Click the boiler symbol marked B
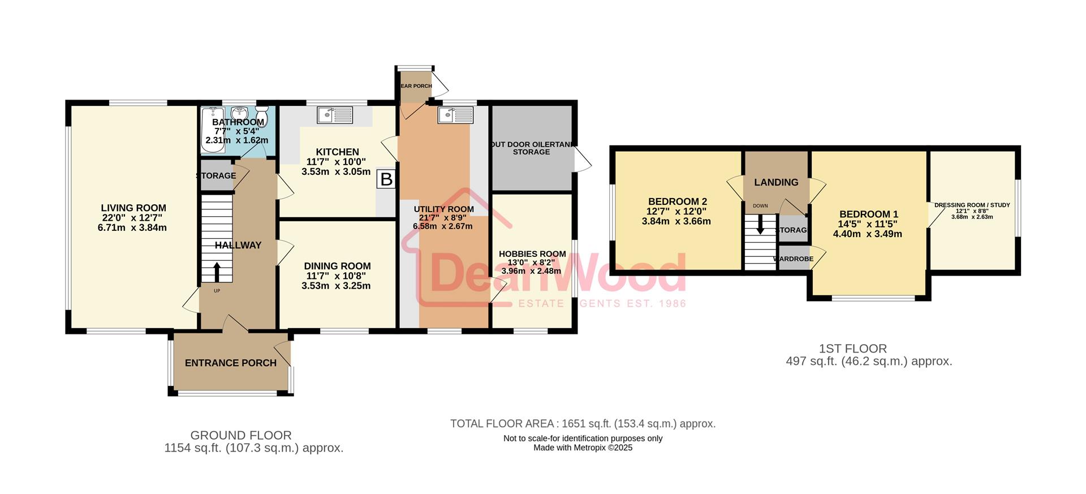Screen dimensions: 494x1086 tap(386, 179)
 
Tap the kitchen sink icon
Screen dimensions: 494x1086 tap(335, 115)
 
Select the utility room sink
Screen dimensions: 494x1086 tap(455, 115)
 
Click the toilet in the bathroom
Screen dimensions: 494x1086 tap(262, 113)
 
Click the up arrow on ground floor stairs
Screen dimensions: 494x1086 tap(217, 272)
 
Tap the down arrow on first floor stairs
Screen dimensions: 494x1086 tap(760, 225)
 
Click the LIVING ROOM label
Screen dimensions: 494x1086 tap(133, 208)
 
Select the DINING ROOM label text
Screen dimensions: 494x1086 tap(337, 266)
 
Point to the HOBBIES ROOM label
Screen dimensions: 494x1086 tap(532, 254)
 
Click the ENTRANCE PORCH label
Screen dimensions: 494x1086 tap(231, 363)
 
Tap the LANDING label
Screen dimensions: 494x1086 tap(776, 182)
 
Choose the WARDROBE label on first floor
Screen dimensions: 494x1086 tap(793, 259)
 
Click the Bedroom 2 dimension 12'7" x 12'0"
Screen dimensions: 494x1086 tap(676, 211)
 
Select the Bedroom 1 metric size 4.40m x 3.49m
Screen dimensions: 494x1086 tap(868, 234)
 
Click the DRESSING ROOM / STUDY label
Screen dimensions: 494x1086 tap(972, 205)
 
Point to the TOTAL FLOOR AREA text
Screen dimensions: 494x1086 tap(583, 423)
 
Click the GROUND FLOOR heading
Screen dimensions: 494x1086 tap(241, 435)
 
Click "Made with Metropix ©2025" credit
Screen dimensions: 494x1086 tap(583, 448)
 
